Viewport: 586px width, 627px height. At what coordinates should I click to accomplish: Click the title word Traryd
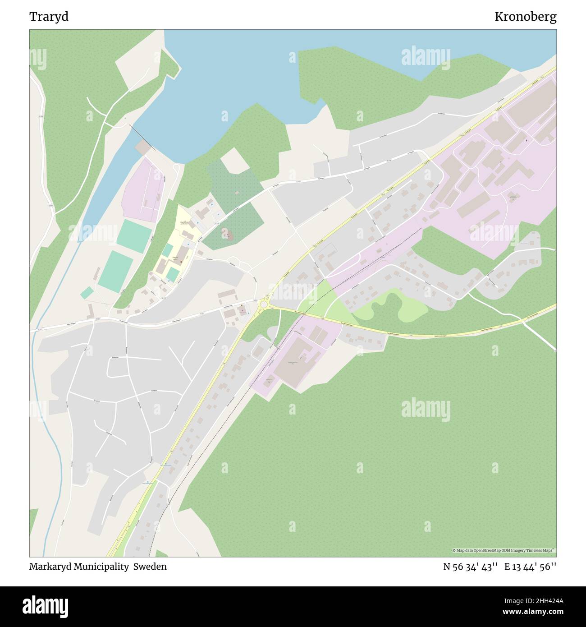(x=49, y=17)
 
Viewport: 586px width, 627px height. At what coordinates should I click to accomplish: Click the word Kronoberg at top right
(x=525, y=17)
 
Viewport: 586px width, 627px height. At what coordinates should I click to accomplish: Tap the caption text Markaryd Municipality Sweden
(x=98, y=567)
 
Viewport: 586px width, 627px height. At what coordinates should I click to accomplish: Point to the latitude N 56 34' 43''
(x=470, y=567)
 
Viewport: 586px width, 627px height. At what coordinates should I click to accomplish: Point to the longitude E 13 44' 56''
(x=531, y=567)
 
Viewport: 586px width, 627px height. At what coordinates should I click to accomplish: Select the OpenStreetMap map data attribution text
(x=504, y=550)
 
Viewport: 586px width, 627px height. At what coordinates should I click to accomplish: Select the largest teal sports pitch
(x=115, y=271)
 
